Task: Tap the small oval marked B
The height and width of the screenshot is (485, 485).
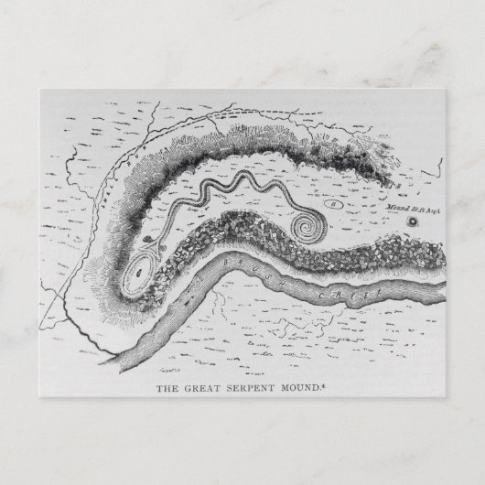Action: coord(334,204)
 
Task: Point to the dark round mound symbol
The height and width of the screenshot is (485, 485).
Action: coord(413,221)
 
